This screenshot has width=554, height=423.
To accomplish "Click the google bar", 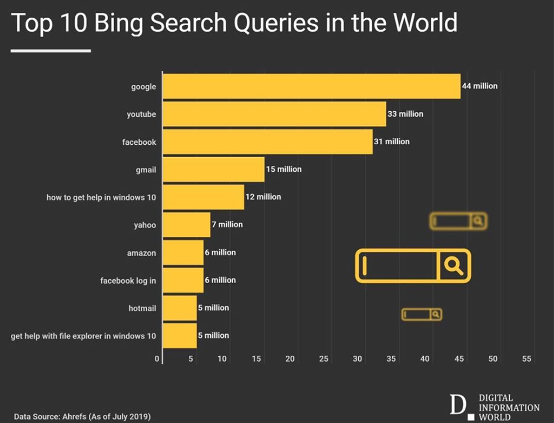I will [x=311, y=86].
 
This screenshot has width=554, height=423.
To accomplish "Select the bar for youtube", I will [x=274, y=114].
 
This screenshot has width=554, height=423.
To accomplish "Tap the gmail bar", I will [x=214, y=170].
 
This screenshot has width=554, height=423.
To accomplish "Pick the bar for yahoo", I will [x=186, y=224].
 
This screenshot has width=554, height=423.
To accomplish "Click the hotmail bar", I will [x=180, y=308].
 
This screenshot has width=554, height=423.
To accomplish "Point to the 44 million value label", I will [x=480, y=86].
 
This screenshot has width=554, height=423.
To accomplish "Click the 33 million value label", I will [x=405, y=114].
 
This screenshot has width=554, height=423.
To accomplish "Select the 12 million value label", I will [x=263, y=197].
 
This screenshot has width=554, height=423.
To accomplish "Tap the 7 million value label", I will [x=227, y=224].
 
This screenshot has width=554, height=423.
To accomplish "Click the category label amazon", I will [x=141, y=253].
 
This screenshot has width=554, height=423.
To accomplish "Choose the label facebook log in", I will [x=128, y=280].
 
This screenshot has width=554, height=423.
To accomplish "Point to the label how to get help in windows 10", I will [x=101, y=198].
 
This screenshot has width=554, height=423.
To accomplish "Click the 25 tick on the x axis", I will [x=323, y=359].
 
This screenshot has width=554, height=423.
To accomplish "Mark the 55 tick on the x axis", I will [x=527, y=359].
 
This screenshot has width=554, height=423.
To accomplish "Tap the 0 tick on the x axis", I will [x=157, y=359].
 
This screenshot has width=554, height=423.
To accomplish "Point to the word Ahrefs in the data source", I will [x=76, y=417].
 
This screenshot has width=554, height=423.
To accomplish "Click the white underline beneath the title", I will [x=51, y=51].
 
